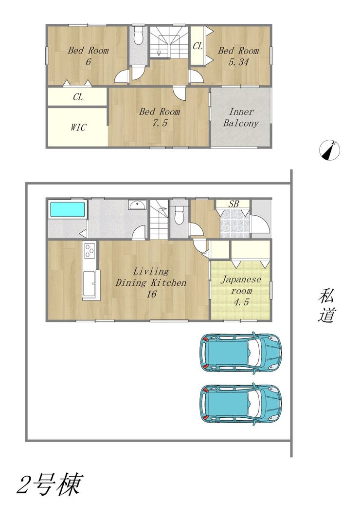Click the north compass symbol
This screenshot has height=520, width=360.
pyautogui.click(x=329, y=150)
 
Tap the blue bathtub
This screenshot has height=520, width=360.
pyautogui.click(x=67, y=209)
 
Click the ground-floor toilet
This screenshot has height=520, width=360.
pyautogui.click(x=179, y=215)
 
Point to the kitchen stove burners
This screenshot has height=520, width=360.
pyautogui.click(x=90, y=251)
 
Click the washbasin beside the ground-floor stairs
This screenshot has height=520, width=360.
pyautogui.click(x=138, y=205)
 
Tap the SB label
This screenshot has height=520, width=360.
pyautogui.click(x=233, y=204)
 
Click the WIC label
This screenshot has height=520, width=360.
pyautogui.click(x=78, y=127)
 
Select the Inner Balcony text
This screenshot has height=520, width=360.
pyautogui.click(x=241, y=117)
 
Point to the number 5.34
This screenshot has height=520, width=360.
pyautogui.click(x=238, y=62)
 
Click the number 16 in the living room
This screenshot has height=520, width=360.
pyautogui.click(x=151, y=294)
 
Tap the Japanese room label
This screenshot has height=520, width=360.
pyautogui.click(x=241, y=285)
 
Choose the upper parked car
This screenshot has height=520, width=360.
pyautogui.click(x=241, y=353)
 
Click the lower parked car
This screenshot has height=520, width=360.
pyautogui.click(x=241, y=404)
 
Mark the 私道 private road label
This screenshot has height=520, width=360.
pyautogui.click(x=327, y=306)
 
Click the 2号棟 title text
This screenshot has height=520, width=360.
pyautogui.click(x=50, y=484)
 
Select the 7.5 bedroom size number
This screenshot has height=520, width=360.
pyautogui.click(x=160, y=123)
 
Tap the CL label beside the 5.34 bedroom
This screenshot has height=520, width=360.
pyautogui.click(x=198, y=46)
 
